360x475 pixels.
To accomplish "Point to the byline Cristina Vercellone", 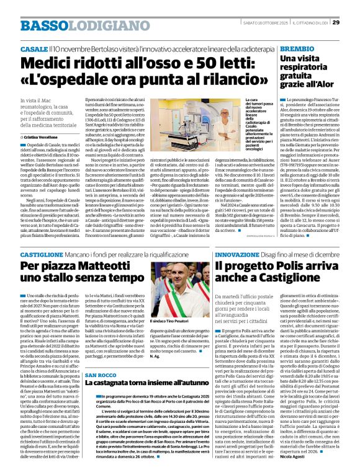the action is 42,136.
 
